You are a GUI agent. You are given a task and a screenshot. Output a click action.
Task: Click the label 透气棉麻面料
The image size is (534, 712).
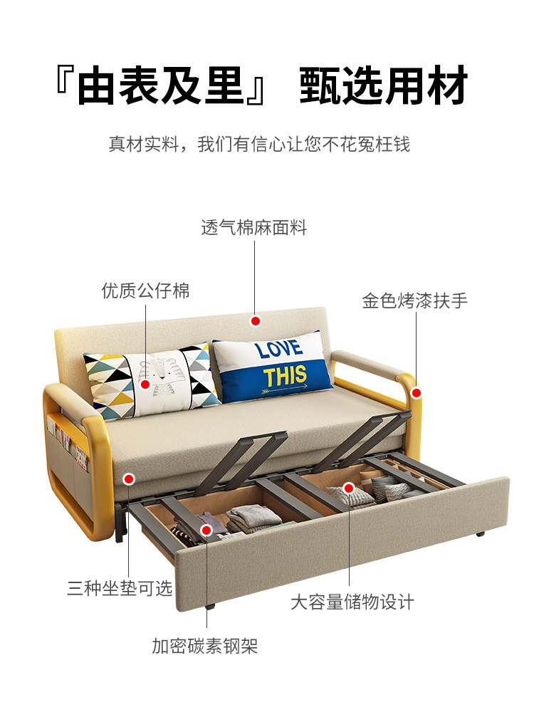pyautogui.click(x=254, y=229)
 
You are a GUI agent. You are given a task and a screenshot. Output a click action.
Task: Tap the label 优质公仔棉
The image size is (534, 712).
pyautogui.click(x=145, y=291)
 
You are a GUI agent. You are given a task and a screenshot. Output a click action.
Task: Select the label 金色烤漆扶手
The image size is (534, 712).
pyautogui.click(x=415, y=301)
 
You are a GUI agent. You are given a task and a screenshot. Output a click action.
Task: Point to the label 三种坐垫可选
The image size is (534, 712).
pyautogui.click(x=120, y=589)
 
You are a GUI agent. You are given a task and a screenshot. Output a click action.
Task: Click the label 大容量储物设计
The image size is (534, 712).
pyautogui.click(x=352, y=602)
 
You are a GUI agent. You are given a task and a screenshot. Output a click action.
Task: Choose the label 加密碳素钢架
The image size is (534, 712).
pyautogui.click(x=205, y=646)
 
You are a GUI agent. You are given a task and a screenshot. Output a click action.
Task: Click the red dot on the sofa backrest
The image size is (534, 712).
pyautogui.click(x=255, y=321)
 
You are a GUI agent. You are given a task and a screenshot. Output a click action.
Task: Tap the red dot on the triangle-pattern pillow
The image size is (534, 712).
pyautogui.click(x=145, y=384)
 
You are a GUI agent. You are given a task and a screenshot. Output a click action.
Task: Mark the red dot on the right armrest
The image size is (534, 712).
pyautogui.click(x=416, y=392)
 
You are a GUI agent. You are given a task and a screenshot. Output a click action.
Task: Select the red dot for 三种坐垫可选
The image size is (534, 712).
pyautogui.click(x=129, y=479)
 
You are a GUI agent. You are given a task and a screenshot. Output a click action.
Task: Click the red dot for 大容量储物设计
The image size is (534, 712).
pyautogui.click(x=349, y=488)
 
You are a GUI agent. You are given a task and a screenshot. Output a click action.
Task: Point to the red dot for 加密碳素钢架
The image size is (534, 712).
pyautogui.click(x=206, y=530)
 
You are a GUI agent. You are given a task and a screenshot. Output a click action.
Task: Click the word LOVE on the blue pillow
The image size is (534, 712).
pyautogui.click(x=279, y=350)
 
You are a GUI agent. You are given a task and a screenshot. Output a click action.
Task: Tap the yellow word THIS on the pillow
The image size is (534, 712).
pyautogui.click(x=285, y=375)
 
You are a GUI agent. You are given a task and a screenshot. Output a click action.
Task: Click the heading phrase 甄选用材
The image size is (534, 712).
pyautogui.click(x=383, y=88)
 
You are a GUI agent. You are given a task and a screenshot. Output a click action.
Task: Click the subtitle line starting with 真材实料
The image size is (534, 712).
pyautogui.click(x=259, y=145)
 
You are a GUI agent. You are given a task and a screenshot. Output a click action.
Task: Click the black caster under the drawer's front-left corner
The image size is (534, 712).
pyautogui.click(x=210, y=607)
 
